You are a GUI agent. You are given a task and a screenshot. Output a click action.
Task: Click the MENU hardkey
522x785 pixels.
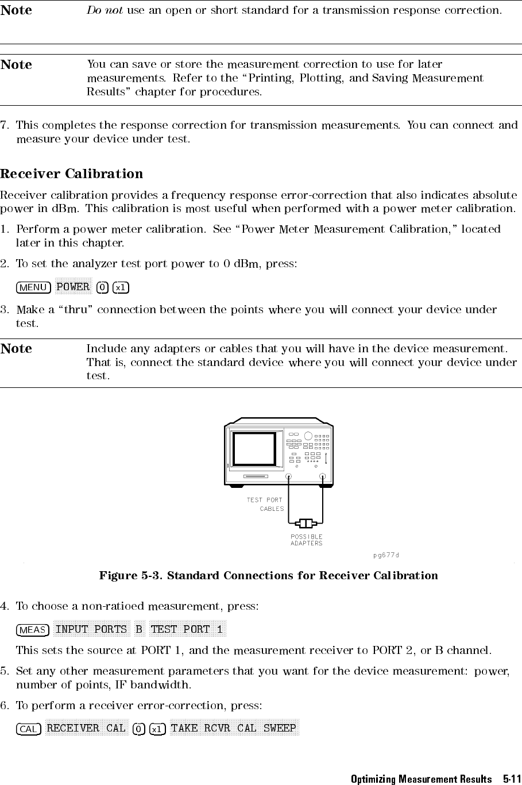point(34,287)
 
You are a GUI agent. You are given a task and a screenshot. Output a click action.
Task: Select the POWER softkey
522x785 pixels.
point(73,287)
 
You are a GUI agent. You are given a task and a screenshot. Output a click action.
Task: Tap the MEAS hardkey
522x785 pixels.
point(32,630)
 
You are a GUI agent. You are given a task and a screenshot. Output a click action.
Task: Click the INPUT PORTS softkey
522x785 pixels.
point(91,629)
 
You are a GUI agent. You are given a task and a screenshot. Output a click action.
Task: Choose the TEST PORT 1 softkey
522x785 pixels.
point(186,629)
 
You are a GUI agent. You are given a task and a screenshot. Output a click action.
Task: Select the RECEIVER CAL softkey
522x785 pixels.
point(86,729)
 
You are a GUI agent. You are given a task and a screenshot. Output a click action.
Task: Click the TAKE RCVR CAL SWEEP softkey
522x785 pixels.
point(234,729)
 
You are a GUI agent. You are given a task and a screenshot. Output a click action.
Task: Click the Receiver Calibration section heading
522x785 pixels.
point(72,174)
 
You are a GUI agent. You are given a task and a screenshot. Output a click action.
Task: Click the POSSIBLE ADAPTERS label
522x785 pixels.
point(306,540)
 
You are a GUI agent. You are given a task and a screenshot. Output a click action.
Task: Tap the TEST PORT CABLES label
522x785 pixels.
point(265,504)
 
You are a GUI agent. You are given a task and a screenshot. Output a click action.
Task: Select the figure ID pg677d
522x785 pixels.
point(385,555)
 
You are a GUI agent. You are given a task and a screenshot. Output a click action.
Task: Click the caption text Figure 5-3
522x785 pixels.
point(132,576)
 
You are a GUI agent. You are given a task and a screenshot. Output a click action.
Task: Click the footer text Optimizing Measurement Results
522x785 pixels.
point(421,779)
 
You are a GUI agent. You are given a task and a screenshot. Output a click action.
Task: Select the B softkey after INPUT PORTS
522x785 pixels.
point(138,629)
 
